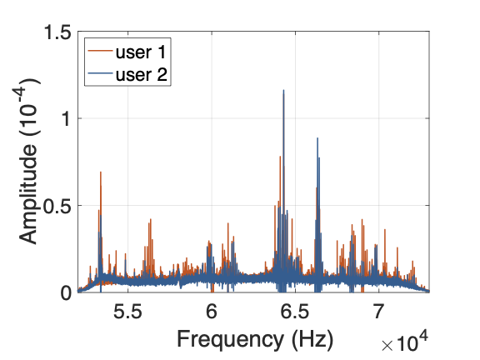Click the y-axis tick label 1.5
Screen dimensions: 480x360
(57, 32)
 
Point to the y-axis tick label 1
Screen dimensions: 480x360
(66, 118)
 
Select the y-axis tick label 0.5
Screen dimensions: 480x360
(57, 206)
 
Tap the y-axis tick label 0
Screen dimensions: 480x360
(66, 293)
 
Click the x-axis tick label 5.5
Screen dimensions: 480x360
(128, 312)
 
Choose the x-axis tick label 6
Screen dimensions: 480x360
(212, 312)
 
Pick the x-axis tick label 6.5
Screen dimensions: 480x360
(295, 312)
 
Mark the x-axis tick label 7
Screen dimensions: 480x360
(378, 312)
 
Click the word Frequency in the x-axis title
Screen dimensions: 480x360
(230, 340)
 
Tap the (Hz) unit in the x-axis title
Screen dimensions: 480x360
(312, 339)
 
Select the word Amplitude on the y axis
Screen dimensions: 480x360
(28, 193)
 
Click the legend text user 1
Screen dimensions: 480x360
(141, 52)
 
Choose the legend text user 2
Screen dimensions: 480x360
(142, 74)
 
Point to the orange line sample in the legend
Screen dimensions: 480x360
(100, 51)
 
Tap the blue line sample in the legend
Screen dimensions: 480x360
(100, 73)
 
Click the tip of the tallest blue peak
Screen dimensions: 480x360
(283, 90)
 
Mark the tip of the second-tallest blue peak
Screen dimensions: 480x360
(317, 138)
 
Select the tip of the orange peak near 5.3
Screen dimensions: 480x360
(100, 172)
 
